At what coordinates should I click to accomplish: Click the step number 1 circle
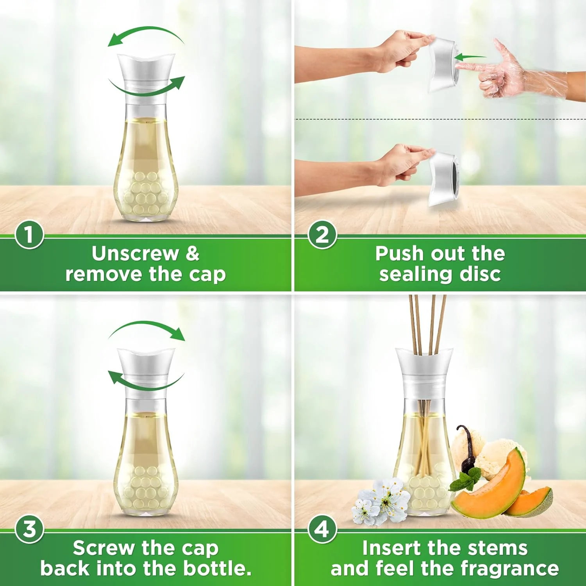pyautogui.click(x=29, y=235)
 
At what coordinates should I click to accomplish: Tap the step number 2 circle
pyautogui.click(x=322, y=235)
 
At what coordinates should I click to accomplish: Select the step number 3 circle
pyautogui.click(x=29, y=529)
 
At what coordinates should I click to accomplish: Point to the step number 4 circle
pyautogui.click(x=322, y=529)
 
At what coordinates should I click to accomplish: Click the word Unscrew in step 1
pyautogui.click(x=135, y=254)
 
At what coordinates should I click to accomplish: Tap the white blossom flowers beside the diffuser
pyautogui.click(x=381, y=502)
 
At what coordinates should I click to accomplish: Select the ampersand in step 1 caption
pyautogui.click(x=192, y=254)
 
